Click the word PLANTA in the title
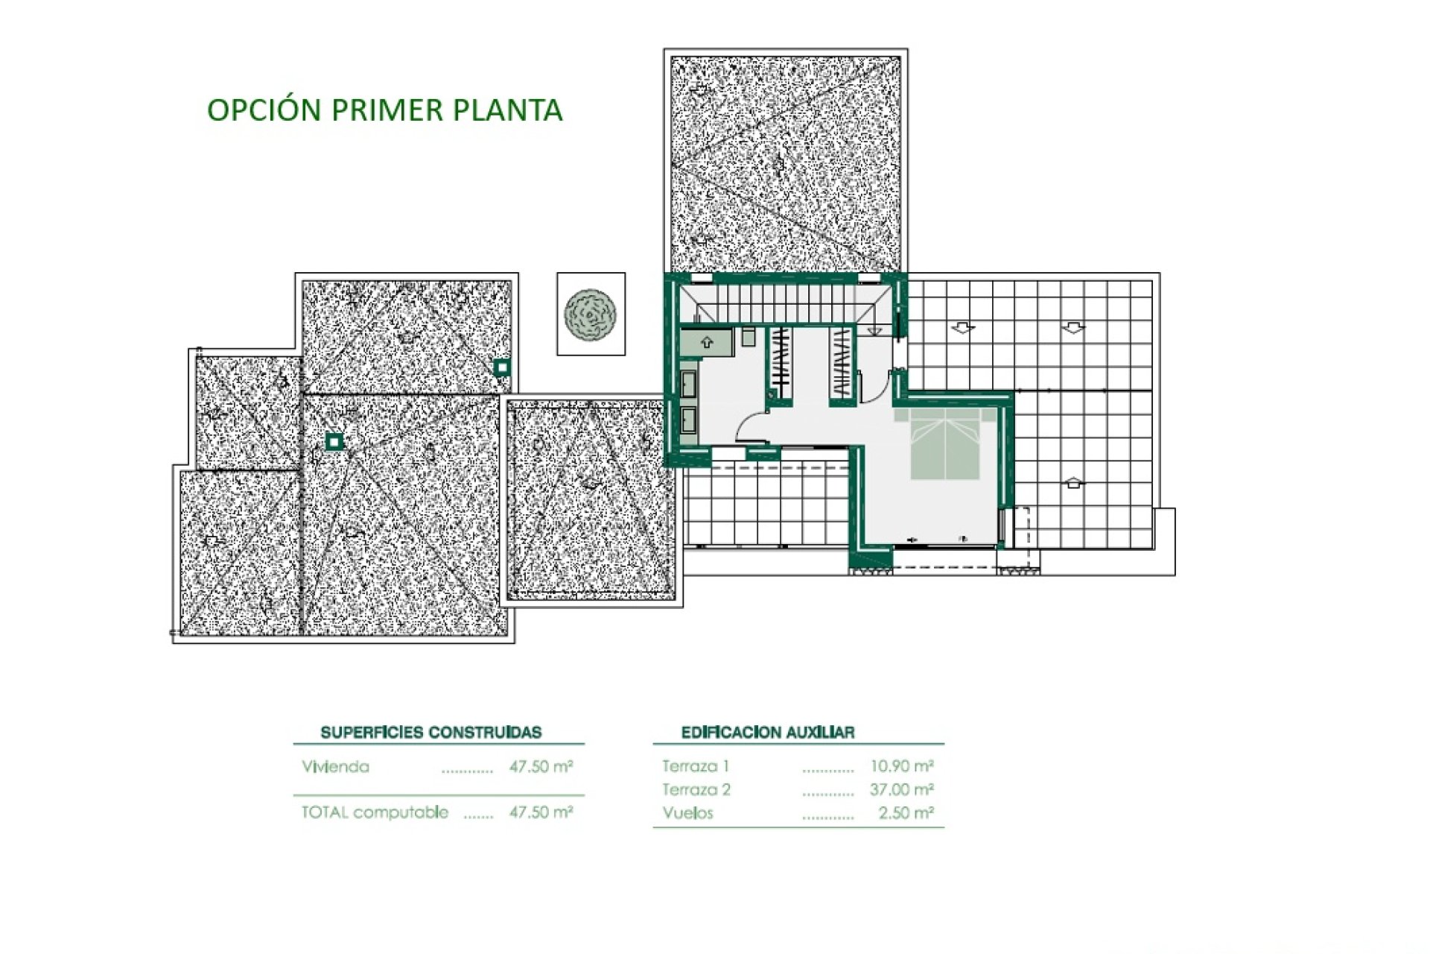[507, 110]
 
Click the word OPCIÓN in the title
[264, 109]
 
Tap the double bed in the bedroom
[945, 443]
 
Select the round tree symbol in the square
[591, 315]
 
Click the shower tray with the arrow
[706, 343]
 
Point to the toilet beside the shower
[749, 336]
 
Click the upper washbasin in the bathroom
[688, 384]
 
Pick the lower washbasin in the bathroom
[688, 419]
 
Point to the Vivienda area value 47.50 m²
[541, 766]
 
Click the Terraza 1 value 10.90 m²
[902, 765]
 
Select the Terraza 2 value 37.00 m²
[902, 789]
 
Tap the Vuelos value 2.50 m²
[906, 813]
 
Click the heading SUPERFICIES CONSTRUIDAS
[431, 732]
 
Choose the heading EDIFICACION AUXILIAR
[768, 732]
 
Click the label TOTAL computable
[375, 812]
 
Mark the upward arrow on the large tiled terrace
[1072, 483]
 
